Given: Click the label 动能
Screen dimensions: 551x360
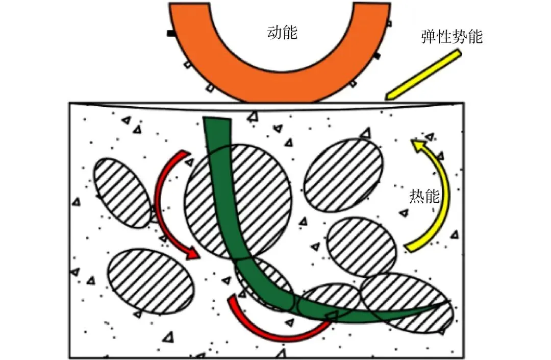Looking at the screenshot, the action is point(282,33).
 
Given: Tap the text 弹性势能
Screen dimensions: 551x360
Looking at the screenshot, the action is point(452,37).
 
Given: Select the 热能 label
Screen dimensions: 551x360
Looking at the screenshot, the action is point(424,197).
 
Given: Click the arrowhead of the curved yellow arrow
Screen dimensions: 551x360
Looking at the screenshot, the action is point(419,147).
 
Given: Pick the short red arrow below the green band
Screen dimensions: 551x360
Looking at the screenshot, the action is point(275,327).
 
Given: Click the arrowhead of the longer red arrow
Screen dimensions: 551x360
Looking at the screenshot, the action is point(193,253).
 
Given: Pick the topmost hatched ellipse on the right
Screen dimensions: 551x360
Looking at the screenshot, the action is point(343,175).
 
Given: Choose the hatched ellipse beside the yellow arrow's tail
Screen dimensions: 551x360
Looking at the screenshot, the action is point(361,247).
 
